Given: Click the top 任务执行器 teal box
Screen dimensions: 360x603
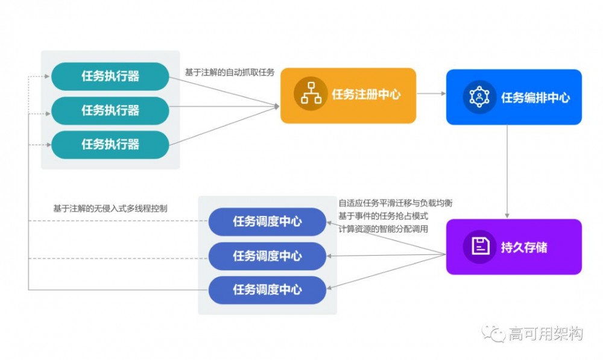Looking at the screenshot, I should pos(110,76).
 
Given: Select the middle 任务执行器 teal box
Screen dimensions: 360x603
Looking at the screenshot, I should pos(110,110).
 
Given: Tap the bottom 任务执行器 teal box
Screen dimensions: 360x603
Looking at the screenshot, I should pos(110,145).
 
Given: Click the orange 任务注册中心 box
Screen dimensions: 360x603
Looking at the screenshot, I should pos(348,95).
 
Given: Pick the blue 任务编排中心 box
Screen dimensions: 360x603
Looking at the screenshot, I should pos(514,97).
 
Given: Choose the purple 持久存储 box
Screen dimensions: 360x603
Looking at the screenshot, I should pos(514,247).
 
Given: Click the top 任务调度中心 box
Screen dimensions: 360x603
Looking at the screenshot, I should pos(267,222).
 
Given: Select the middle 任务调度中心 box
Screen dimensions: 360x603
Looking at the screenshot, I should pos(267,256).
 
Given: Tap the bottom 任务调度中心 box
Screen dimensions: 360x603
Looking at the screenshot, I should pos(267,290).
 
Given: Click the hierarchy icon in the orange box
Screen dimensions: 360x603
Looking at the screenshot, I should pos(311,95).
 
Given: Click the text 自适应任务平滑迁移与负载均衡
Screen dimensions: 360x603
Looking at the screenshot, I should pos(395,203).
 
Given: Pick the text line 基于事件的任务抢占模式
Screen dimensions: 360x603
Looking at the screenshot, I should pos(383,216).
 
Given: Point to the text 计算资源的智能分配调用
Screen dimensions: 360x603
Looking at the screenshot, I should pos(383,229).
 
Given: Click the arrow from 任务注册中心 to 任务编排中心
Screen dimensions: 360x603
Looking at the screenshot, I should pos(431,94).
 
